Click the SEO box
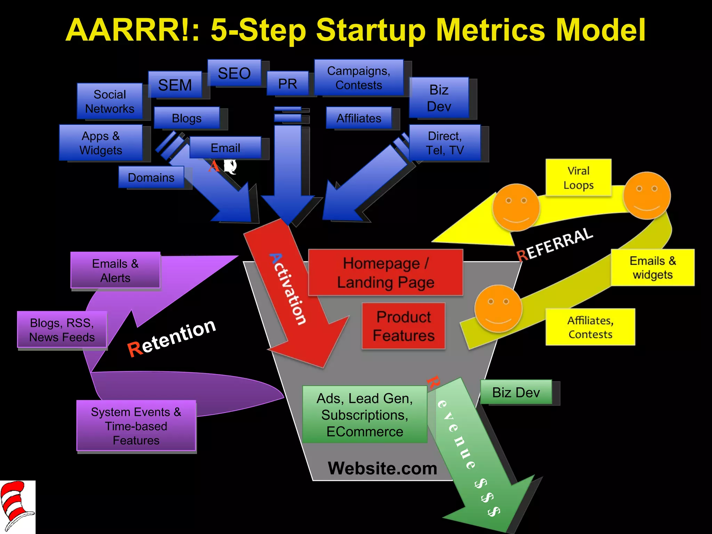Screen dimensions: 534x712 tap(234, 73)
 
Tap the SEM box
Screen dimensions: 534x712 tap(175, 85)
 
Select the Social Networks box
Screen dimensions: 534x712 tap(110, 102)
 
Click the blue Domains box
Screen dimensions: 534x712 tap(151, 177)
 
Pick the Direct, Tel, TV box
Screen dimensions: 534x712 tap(445, 143)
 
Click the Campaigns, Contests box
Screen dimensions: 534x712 tap(359, 78)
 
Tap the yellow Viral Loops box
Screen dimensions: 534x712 tap(578, 178)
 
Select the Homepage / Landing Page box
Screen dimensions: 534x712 tap(386, 273)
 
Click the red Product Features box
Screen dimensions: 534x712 tap(404, 326)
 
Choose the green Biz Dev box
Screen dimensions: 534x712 tap(516, 392)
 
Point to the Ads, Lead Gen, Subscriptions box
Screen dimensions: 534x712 tap(365, 414)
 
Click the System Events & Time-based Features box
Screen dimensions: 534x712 tap(136, 426)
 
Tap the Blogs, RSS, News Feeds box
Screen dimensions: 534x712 tap(62, 330)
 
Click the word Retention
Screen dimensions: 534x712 tap(172, 337)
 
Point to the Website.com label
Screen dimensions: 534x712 tap(382, 468)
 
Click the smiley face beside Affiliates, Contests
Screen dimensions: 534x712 tap(498, 308)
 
